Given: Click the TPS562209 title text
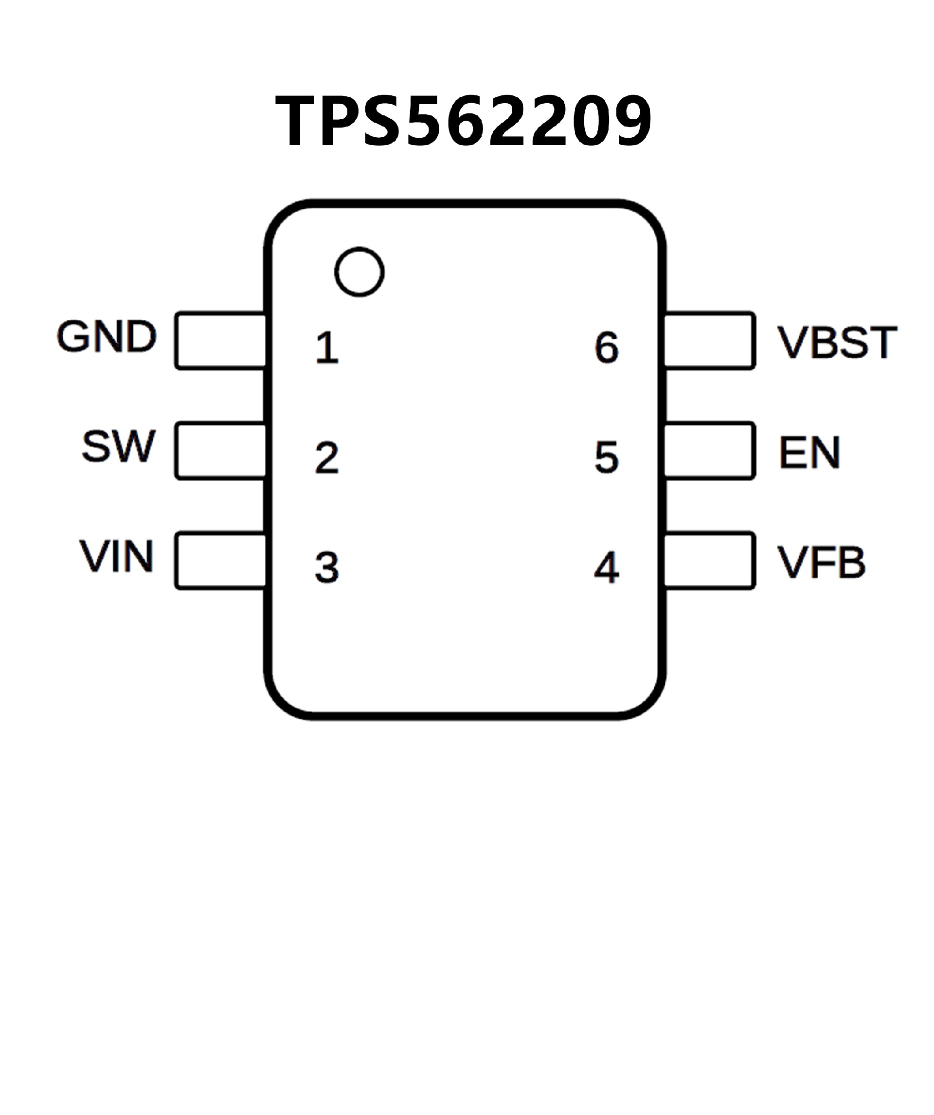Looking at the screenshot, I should click(463, 121).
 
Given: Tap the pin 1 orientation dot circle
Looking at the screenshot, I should click(359, 272).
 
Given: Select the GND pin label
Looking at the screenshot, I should click(107, 337).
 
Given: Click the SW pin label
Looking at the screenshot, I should click(118, 446).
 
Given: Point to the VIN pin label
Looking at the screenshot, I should click(117, 556).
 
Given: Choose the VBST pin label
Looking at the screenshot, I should click(837, 343).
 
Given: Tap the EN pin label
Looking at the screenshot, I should click(809, 452).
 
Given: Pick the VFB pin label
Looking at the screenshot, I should click(821, 562).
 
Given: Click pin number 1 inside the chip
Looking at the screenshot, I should click(327, 348).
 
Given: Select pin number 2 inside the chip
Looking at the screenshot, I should click(327, 457).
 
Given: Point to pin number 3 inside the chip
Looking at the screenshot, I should click(327, 567).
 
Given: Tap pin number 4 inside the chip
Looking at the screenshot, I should click(607, 567).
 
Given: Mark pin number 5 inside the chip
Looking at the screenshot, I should click(607, 457).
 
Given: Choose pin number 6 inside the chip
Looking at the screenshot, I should click(607, 348).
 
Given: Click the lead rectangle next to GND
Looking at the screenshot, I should click(220, 341).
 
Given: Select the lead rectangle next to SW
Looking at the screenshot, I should click(220, 451).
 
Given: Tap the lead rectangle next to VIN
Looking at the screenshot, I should click(220, 561).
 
